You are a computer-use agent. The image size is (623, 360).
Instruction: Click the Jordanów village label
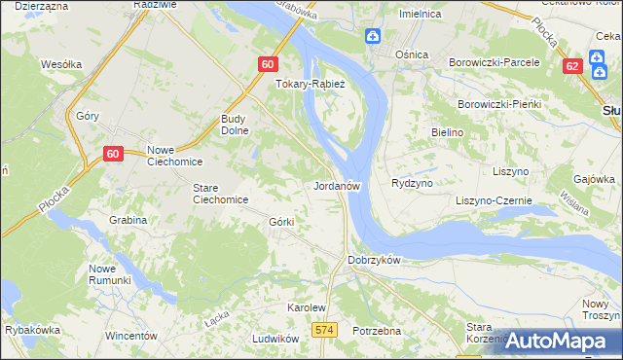coord(338,184)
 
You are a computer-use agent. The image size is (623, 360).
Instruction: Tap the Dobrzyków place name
coord(374,261)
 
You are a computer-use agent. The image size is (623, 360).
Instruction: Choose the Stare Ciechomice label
coord(220,194)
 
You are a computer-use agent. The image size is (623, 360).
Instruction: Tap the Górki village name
coord(280,222)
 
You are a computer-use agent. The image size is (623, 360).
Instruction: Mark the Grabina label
coord(128,220)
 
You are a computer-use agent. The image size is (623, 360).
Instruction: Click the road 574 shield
coord(325,332)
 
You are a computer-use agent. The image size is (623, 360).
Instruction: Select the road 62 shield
coord(572,66)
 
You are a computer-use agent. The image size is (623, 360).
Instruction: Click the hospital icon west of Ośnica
coord(372,37)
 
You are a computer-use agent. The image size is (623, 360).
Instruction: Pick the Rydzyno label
coord(411,183)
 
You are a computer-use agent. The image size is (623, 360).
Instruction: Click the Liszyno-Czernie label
coord(495,200)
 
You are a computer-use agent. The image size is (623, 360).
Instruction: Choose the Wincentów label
coord(130,336)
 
